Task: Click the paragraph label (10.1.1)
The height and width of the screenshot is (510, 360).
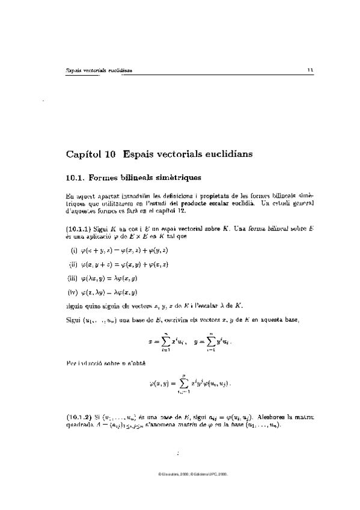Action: tap(78, 229)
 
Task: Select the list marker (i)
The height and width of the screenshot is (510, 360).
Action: tap(75, 250)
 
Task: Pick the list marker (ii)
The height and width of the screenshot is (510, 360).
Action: tap(75, 263)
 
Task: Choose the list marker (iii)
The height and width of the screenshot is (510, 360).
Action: tap(75, 277)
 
